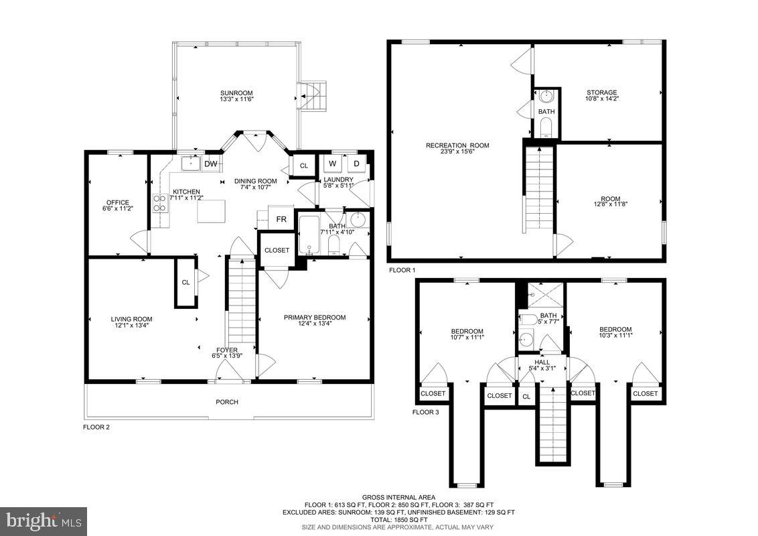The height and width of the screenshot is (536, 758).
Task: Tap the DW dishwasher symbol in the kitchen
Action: point(210,163)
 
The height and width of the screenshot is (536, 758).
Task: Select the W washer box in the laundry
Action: point(331,163)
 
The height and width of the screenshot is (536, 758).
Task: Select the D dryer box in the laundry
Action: point(356,163)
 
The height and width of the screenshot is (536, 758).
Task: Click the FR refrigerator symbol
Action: point(281,219)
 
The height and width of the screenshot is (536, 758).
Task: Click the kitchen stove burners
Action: point(161,202)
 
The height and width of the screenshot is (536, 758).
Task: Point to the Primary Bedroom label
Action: point(314,317)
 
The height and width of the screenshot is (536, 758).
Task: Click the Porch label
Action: point(227,402)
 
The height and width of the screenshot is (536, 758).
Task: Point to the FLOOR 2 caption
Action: point(96,427)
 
